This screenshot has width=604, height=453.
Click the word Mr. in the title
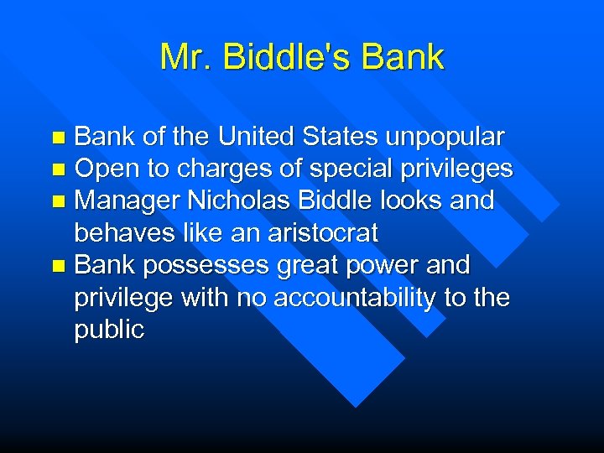click(177, 57)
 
